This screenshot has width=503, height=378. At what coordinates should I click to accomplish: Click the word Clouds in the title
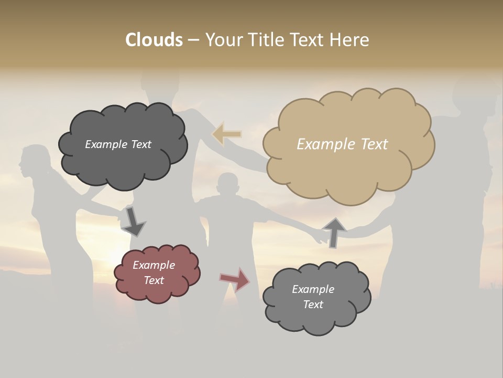(x=154, y=40)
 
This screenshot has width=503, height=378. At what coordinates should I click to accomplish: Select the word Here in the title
(x=349, y=40)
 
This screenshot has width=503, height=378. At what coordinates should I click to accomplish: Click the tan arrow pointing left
(x=227, y=134)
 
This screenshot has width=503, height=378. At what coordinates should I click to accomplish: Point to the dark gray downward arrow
(x=133, y=221)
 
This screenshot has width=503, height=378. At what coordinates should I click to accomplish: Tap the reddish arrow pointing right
(x=235, y=279)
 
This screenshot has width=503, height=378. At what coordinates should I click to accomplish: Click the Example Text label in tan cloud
(x=342, y=144)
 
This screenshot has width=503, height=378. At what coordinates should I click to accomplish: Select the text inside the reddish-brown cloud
(x=154, y=273)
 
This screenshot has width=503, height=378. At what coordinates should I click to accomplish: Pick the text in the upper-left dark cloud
(x=118, y=144)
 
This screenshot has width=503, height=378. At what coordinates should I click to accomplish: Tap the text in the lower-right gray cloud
(x=313, y=297)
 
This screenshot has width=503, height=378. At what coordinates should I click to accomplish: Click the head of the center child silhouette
(x=227, y=184)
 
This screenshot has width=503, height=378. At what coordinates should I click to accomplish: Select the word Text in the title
(x=309, y=40)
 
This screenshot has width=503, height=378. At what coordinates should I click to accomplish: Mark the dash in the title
(x=193, y=40)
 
